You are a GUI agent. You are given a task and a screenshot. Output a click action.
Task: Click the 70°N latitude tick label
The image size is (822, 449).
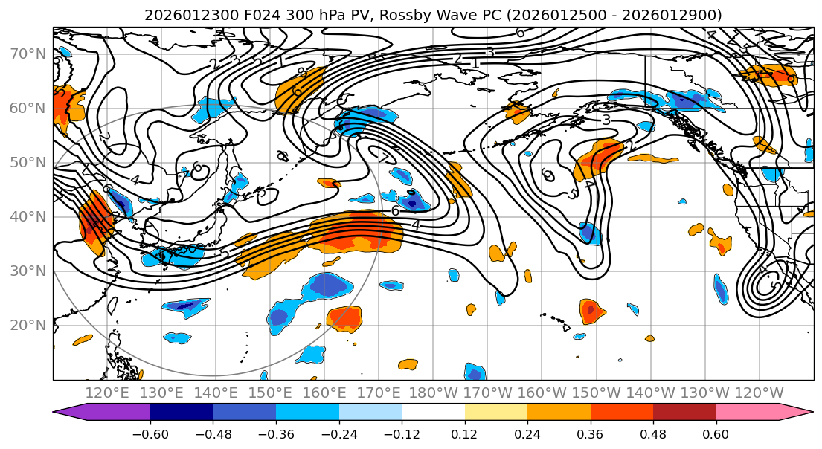click(x=28, y=54)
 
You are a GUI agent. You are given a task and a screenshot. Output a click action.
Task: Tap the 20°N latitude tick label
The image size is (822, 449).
click(x=28, y=326)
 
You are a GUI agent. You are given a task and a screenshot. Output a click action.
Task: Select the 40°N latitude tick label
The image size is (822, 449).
click(x=28, y=217)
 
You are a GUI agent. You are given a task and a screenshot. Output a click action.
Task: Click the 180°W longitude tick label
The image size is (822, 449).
click(x=434, y=393)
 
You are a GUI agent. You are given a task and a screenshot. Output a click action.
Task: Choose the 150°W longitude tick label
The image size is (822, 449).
click(x=597, y=393)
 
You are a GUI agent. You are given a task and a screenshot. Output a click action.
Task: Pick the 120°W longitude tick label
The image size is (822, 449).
click(x=758, y=393)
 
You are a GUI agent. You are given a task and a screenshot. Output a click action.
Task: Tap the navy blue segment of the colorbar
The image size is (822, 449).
click(x=182, y=412)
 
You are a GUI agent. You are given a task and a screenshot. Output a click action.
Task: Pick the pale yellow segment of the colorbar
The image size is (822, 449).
click(x=495, y=412)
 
